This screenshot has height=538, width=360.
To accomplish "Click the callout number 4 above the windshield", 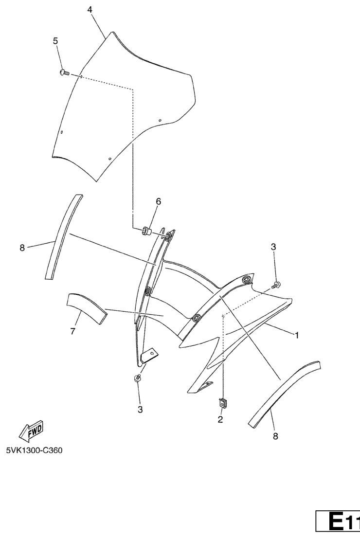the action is pos(90,10).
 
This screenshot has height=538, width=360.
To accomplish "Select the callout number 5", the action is pos(55,41).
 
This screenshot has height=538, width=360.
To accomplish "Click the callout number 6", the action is pos(159,201).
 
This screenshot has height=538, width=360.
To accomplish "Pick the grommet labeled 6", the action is pos(147,231).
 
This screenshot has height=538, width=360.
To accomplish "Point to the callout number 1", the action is pos(297,335).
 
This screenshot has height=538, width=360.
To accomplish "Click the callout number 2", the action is pos(220,419).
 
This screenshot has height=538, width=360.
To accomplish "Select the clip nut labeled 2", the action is pos(223,403).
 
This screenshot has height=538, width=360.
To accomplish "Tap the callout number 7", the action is pos(72,331).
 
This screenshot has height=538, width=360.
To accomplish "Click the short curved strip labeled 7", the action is pos(87,307).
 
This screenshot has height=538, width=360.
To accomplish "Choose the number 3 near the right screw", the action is pos(273,247).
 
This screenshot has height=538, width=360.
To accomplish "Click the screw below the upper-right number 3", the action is pos(276,285).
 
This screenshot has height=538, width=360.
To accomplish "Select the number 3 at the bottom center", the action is pos(140,409).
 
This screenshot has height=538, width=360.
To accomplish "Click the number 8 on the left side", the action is pos(22,248).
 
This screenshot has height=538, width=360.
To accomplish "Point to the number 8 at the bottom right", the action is pos(275,436).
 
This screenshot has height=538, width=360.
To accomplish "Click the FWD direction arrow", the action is pos(31,430).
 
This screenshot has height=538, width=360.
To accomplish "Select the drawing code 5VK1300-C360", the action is pos(35,450).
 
